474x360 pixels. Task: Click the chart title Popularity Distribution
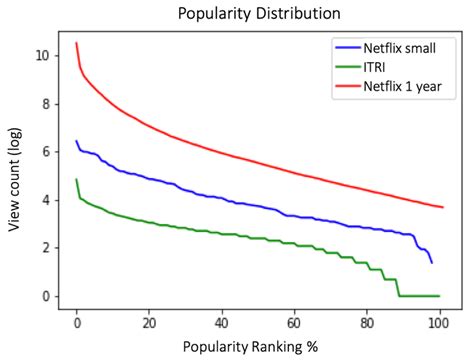click(x=258, y=15)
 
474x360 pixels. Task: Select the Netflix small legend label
click(x=398, y=47)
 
